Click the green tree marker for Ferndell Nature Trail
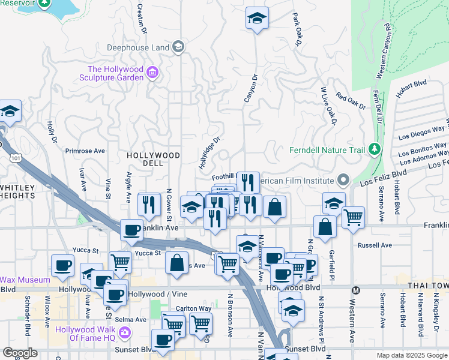[375, 148]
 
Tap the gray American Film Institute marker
[343, 180]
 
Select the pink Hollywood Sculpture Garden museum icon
[153, 73]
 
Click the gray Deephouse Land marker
[178, 46]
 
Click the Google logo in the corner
[20, 353]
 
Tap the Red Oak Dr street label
[351, 100]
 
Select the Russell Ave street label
[375, 245]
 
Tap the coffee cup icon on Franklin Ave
[131, 230]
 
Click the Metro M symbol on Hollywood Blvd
[355, 290]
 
